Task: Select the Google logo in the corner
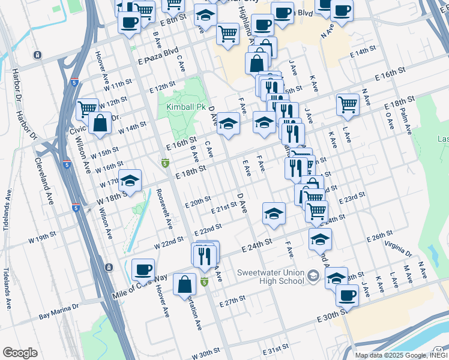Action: click(x=20, y=352)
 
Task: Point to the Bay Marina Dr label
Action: click(x=59, y=310)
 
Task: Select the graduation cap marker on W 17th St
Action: click(x=130, y=181)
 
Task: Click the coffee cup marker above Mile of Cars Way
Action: click(x=143, y=270)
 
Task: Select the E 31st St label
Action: click(x=276, y=348)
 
